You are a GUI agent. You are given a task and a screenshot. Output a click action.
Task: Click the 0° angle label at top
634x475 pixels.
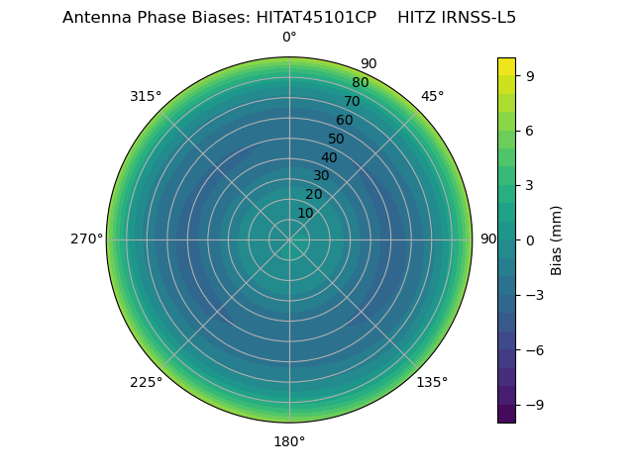click(289, 38)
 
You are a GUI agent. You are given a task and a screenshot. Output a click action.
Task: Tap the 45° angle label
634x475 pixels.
click(432, 96)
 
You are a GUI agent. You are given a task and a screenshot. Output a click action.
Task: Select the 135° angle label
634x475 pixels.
click(432, 382)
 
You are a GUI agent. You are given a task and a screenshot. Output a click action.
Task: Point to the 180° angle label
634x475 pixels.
click(289, 441)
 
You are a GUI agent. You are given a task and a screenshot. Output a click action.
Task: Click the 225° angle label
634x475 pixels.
click(146, 382)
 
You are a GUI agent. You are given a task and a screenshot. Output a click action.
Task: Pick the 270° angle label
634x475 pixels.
click(86, 239)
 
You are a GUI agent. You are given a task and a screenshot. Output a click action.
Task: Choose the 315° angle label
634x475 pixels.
click(146, 96)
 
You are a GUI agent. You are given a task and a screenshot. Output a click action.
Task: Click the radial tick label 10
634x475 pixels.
click(306, 213)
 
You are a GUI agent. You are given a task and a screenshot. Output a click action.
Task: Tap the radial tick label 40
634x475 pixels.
click(329, 157)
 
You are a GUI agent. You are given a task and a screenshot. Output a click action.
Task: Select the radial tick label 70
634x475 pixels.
click(352, 101)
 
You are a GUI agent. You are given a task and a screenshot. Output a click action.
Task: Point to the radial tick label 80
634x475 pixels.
click(360, 82)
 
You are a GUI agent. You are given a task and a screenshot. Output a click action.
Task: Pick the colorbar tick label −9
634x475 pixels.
click(533, 405)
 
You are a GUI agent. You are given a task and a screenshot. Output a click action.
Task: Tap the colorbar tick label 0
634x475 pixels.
click(529, 240)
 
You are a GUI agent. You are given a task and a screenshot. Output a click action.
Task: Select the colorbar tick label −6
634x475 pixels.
click(533, 350)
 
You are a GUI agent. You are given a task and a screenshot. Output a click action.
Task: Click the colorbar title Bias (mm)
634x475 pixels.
click(557, 240)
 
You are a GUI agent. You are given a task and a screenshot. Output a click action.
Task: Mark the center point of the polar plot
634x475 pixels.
click(289, 239)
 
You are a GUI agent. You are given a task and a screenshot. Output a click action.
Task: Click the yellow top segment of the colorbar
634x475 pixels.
click(506, 66)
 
